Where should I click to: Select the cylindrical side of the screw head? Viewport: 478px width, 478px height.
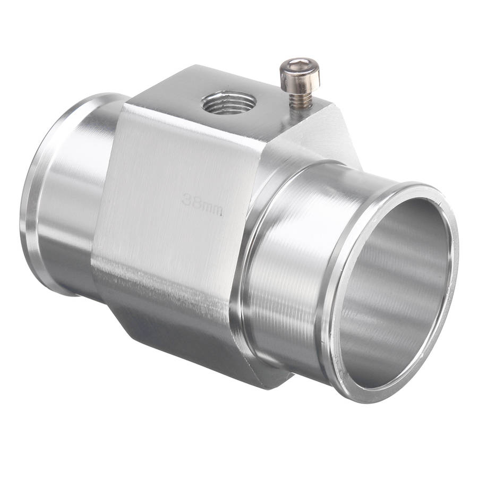pos(300,78)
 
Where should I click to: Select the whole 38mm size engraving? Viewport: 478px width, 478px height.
pos(202,204)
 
